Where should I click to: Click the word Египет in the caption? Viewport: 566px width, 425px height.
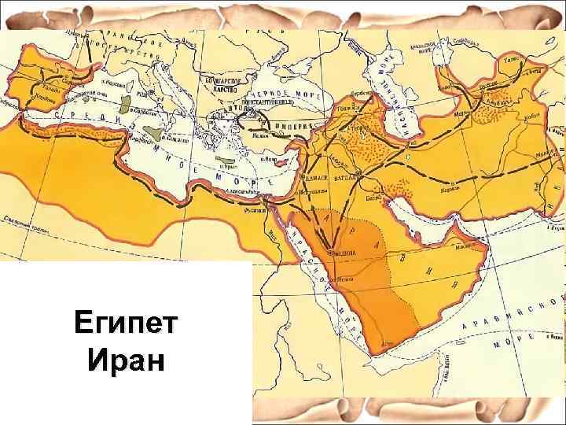tap(127, 323)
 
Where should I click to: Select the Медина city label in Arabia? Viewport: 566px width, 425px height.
tap(336, 254)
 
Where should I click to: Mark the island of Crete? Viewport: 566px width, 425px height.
tap(228, 166)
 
